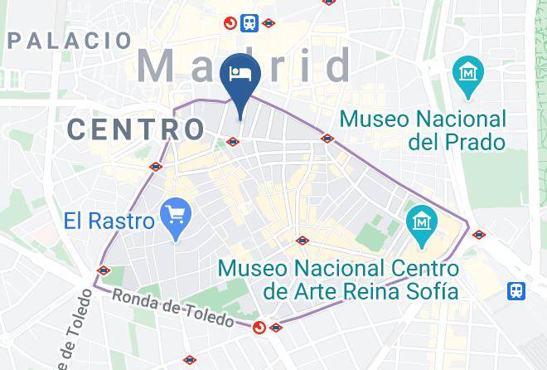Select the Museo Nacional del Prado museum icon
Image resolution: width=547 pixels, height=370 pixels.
pyautogui.click(x=468, y=73)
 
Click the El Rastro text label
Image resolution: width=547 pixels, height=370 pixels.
pyautogui.click(x=109, y=222)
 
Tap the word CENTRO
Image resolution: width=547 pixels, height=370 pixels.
pyautogui.click(x=136, y=129)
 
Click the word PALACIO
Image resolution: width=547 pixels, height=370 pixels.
pyautogui.click(x=70, y=40)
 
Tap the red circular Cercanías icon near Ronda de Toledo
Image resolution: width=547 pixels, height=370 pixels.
pyautogui.click(x=260, y=328)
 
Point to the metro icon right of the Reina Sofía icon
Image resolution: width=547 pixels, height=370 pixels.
pyautogui.click(x=478, y=235)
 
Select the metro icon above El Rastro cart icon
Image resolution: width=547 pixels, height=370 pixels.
pyautogui.click(x=155, y=167)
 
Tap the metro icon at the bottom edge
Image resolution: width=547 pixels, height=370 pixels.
pyautogui.click(x=191, y=360)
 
